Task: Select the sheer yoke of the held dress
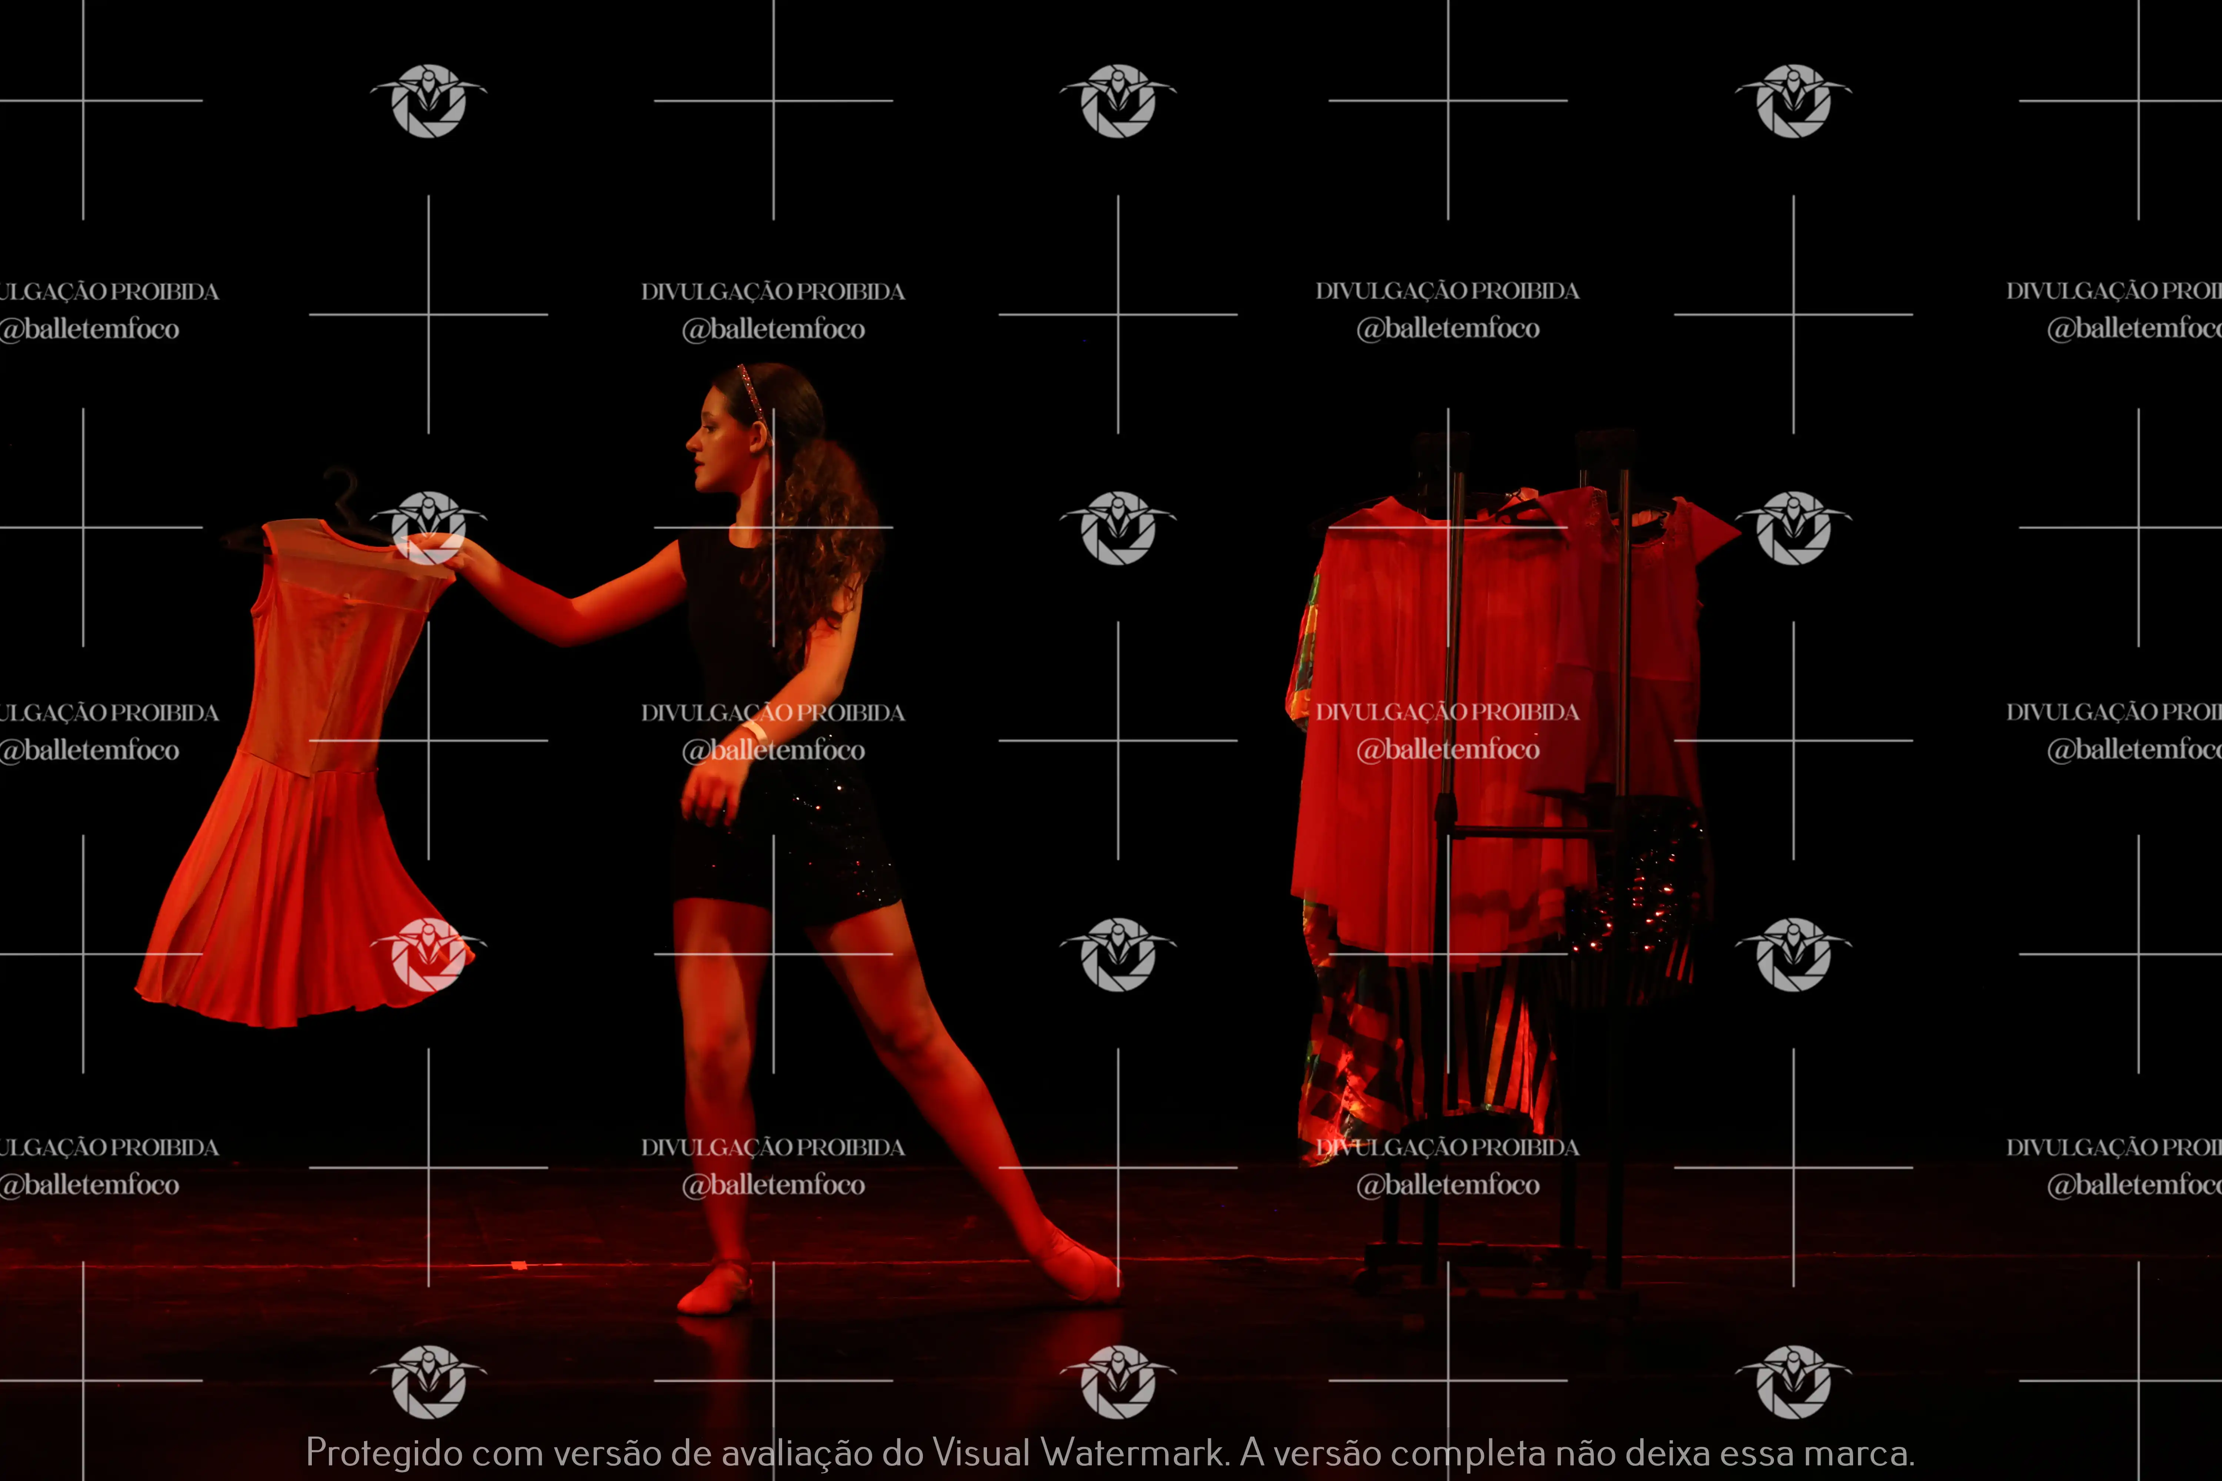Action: click(x=354, y=567)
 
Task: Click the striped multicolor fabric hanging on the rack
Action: click(x=1417, y=1049)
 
